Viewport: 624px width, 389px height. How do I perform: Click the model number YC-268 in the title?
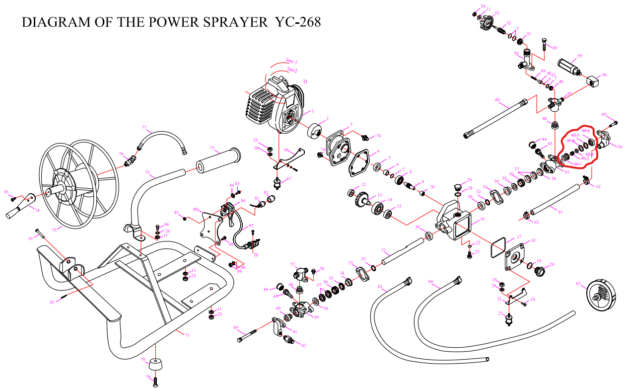pos(298,22)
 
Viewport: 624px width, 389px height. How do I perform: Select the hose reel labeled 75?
pos(74,181)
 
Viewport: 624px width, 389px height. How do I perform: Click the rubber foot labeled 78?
pos(157,368)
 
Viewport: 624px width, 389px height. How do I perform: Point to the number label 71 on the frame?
pos(187,335)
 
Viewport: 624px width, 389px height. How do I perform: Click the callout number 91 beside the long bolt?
pos(30,239)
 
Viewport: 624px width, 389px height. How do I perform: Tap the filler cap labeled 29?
pos(457,188)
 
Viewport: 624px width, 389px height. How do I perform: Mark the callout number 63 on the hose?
pos(380,287)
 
